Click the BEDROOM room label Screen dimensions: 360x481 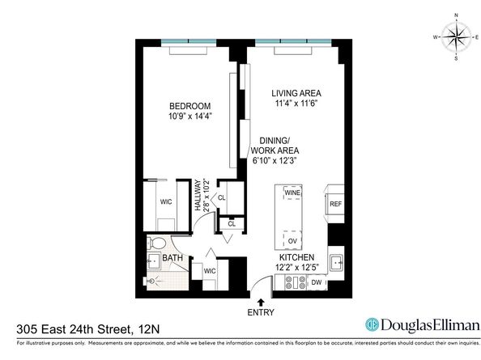click(190, 106)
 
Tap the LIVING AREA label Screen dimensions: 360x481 click(296, 92)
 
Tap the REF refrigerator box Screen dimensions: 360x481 click(335, 205)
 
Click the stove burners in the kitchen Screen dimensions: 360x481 click(292, 283)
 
